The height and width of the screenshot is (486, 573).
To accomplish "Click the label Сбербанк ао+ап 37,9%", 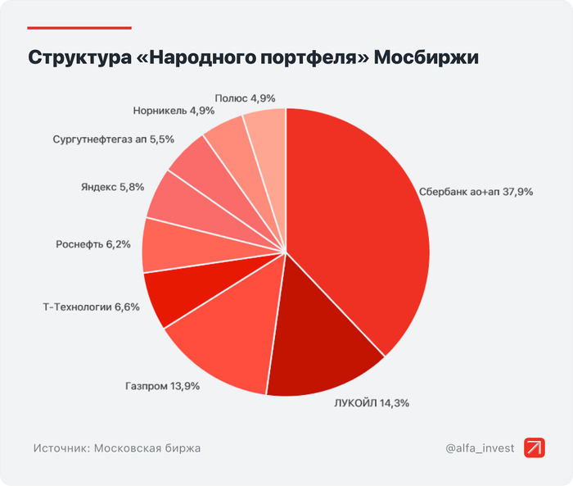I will click(x=476, y=192).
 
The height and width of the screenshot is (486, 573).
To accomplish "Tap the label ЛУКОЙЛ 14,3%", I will click(x=371, y=402).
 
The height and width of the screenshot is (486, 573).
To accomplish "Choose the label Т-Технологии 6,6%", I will click(x=91, y=307).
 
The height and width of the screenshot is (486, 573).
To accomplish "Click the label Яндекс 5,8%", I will click(x=112, y=187).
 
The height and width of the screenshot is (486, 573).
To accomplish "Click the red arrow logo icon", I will click(x=534, y=447).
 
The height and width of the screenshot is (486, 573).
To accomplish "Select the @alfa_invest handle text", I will click(x=481, y=448).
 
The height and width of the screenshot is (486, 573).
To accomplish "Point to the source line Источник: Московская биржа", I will click(x=117, y=448).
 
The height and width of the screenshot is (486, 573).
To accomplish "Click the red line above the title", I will click(x=79, y=27).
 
